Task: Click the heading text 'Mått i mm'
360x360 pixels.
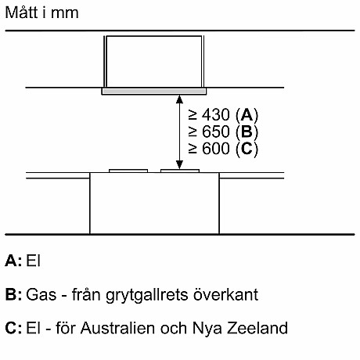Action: [41, 13]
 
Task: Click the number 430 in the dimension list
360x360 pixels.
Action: [216, 115]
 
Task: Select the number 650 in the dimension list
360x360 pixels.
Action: [216, 131]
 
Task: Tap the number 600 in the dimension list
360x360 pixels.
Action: [216, 149]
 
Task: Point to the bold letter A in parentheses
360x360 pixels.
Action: [247, 115]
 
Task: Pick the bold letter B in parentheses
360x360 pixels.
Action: [247, 131]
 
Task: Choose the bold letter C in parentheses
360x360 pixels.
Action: [247, 149]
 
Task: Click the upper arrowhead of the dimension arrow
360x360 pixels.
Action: [179, 99]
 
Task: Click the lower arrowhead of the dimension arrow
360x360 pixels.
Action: [179, 164]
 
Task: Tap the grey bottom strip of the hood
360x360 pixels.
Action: [154, 92]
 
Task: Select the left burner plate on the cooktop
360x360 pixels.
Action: [128, 171]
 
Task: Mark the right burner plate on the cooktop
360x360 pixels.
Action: [180, 171]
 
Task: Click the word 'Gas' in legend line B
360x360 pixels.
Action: [41, 294]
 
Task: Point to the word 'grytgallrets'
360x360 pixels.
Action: [147, 296]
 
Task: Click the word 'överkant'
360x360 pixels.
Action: [225, 294]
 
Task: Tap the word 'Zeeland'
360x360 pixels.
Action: [257, 328]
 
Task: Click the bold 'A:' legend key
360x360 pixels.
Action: [13, 261]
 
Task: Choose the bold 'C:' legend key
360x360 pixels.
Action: [13, 328]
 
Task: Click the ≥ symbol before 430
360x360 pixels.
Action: [193, 115]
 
